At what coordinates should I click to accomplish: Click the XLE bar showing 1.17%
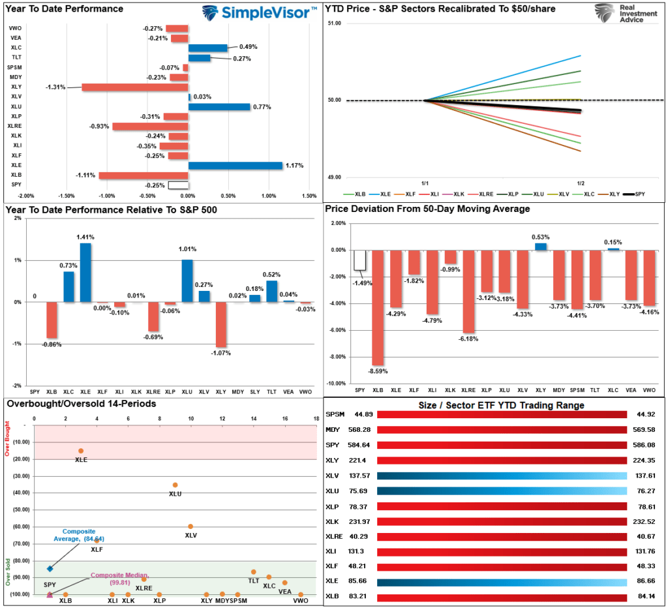[235, 166]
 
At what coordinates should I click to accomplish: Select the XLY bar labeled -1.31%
[134, 87]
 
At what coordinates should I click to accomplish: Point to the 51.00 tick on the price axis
[333, 23]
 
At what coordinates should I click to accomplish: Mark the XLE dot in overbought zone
[81, 451]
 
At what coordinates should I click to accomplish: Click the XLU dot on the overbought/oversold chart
[175, 485]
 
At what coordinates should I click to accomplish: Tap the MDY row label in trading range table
[333, 429]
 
